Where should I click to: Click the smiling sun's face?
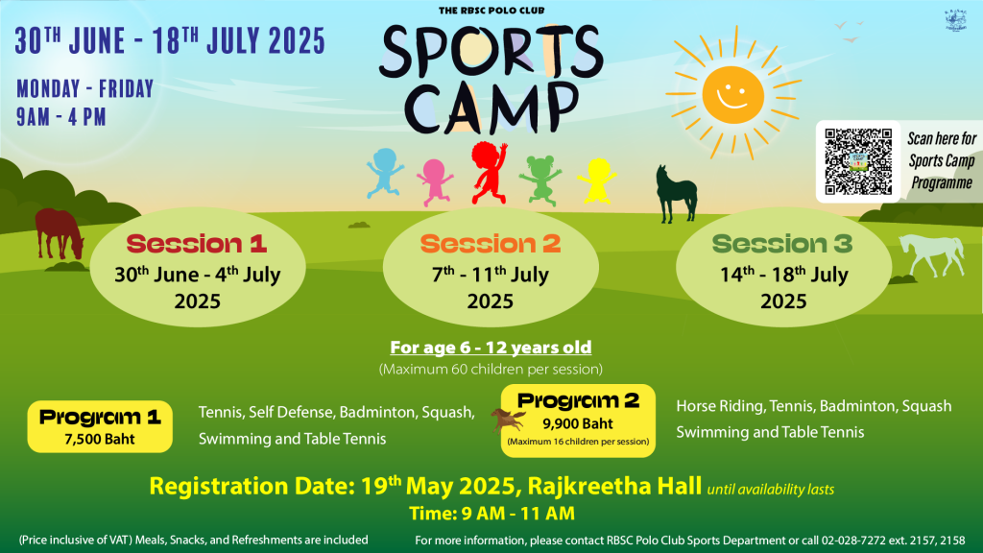click(x=732, y=95)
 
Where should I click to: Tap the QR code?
click(x=857, y=161)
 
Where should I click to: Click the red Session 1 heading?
click(x=197, y=243)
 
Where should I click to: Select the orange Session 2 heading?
click(x=491, y=243)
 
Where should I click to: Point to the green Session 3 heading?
click(x=782, y=243)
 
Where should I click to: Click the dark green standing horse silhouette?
click(x=676, y=194)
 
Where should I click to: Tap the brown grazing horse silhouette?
click(x=59, y=234)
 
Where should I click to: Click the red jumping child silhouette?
click(x=490, y=173)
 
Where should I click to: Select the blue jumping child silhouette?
click(x=384, y=173)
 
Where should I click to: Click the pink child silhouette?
click(x=435, y=181)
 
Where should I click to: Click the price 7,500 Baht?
click(x=100, y=439)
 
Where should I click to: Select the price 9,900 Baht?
click(x=578, y=423)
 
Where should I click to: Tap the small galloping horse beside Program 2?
click(x=508, y=421)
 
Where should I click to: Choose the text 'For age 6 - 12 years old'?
click(x=491, y=348)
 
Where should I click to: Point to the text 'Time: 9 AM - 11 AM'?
click(x=492, y=514)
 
